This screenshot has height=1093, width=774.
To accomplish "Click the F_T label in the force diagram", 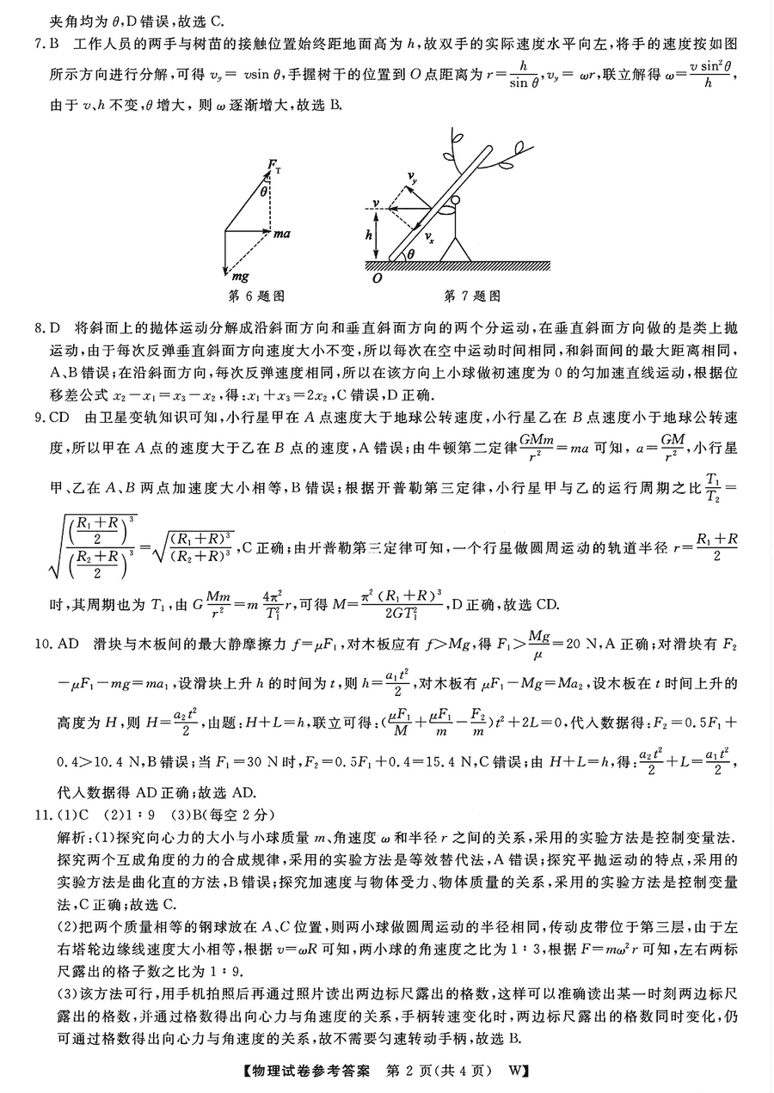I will (275, 163).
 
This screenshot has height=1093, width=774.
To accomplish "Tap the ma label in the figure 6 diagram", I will (283, 233).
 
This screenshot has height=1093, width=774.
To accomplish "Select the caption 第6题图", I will (256, 296).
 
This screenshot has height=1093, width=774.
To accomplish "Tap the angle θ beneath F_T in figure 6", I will (265, 192).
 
